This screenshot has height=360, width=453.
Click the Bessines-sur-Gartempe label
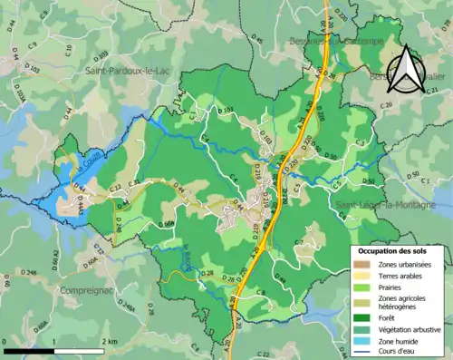pyautogui.click(x=335, y=42)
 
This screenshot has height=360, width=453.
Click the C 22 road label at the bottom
pyautogui.click(x=263, y=353)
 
